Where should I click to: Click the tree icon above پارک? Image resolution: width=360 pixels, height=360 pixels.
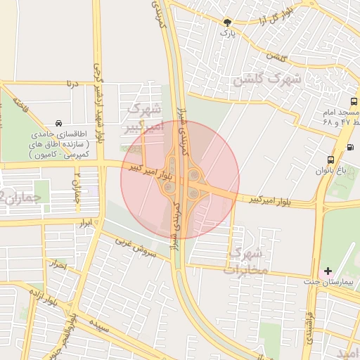[x=226, y=22]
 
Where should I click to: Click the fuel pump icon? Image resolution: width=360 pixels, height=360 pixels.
[x=350, y=147]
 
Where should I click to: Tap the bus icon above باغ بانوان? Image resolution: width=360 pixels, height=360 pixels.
[x=331, y=160]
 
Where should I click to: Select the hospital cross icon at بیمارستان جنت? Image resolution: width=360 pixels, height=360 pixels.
[x=328, y=271]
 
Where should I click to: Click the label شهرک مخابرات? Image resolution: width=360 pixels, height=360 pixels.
[x=248, y=260]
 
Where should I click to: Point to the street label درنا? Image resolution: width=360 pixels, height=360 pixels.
[x=70, y=84]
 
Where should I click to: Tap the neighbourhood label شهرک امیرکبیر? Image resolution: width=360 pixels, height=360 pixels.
[x=144, y=119]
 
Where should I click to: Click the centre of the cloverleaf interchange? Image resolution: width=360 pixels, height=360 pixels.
[x=180, y=179]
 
